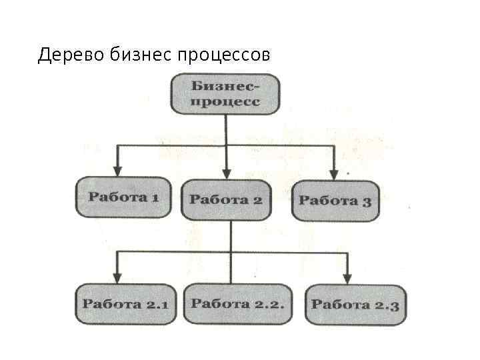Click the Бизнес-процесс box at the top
coord(225,95)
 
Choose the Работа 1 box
coord(124,197)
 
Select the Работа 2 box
coord(226,199)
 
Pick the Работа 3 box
coord(335,200)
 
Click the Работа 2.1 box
coord(125,304)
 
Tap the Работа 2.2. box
coord(238,303)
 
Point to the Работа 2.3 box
coord(355,305)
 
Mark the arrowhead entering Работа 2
coord(227,172)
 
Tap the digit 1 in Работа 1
coord(155,197)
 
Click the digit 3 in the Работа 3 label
coord(366,201)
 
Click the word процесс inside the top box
coord(225,103)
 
